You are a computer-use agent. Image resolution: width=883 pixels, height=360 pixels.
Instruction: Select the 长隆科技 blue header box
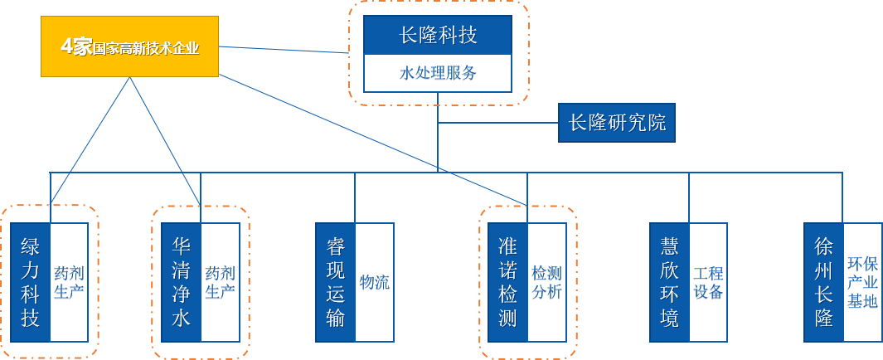tap(439, 36)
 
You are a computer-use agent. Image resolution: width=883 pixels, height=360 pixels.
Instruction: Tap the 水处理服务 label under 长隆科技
tap(439, 73)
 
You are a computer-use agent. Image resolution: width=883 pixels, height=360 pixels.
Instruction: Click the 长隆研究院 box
tap(617, 123)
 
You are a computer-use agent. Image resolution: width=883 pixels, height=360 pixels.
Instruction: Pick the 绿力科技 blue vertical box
tap(30, 282)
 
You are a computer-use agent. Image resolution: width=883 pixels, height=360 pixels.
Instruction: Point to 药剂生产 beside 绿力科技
tap(69, 282)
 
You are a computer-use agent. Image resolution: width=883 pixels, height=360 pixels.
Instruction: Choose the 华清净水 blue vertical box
tap(181, 282)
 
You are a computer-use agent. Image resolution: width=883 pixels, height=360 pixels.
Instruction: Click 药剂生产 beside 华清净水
tap(220, 282)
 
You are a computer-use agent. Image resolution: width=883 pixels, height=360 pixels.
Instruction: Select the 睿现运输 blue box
tap(335, 282)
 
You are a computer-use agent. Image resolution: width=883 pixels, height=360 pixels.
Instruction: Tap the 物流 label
tap(375, 282)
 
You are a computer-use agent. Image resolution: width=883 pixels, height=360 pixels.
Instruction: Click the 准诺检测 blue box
tap(507, 282)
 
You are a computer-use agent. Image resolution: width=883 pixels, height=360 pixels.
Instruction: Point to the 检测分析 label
tap(546, 282)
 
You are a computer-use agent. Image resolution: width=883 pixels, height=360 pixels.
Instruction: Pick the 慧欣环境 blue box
tap(669, 282)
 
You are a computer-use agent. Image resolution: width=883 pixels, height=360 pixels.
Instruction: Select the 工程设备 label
tap(708, 282)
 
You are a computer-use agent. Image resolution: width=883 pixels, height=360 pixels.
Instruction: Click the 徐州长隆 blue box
tap(823, 282)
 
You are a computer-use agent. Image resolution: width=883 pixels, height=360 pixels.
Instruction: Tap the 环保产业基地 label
tap(862, 282)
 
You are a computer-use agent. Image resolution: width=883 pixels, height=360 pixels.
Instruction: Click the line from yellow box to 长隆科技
tap(282, 50)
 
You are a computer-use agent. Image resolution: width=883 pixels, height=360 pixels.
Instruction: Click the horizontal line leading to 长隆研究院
tap(497, 123)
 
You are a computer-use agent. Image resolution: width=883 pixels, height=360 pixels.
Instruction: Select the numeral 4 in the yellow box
tap(66, 46)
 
